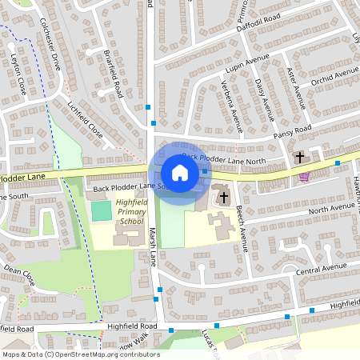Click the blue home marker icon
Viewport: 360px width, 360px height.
point(180,172)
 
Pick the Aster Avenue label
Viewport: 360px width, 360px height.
point(296,86)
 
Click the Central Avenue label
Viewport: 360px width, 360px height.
point(318,269)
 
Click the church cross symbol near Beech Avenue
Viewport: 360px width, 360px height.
point(223,196)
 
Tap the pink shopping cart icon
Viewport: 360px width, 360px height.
point(303,177)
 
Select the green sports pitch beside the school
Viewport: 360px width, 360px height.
point(101,211)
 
